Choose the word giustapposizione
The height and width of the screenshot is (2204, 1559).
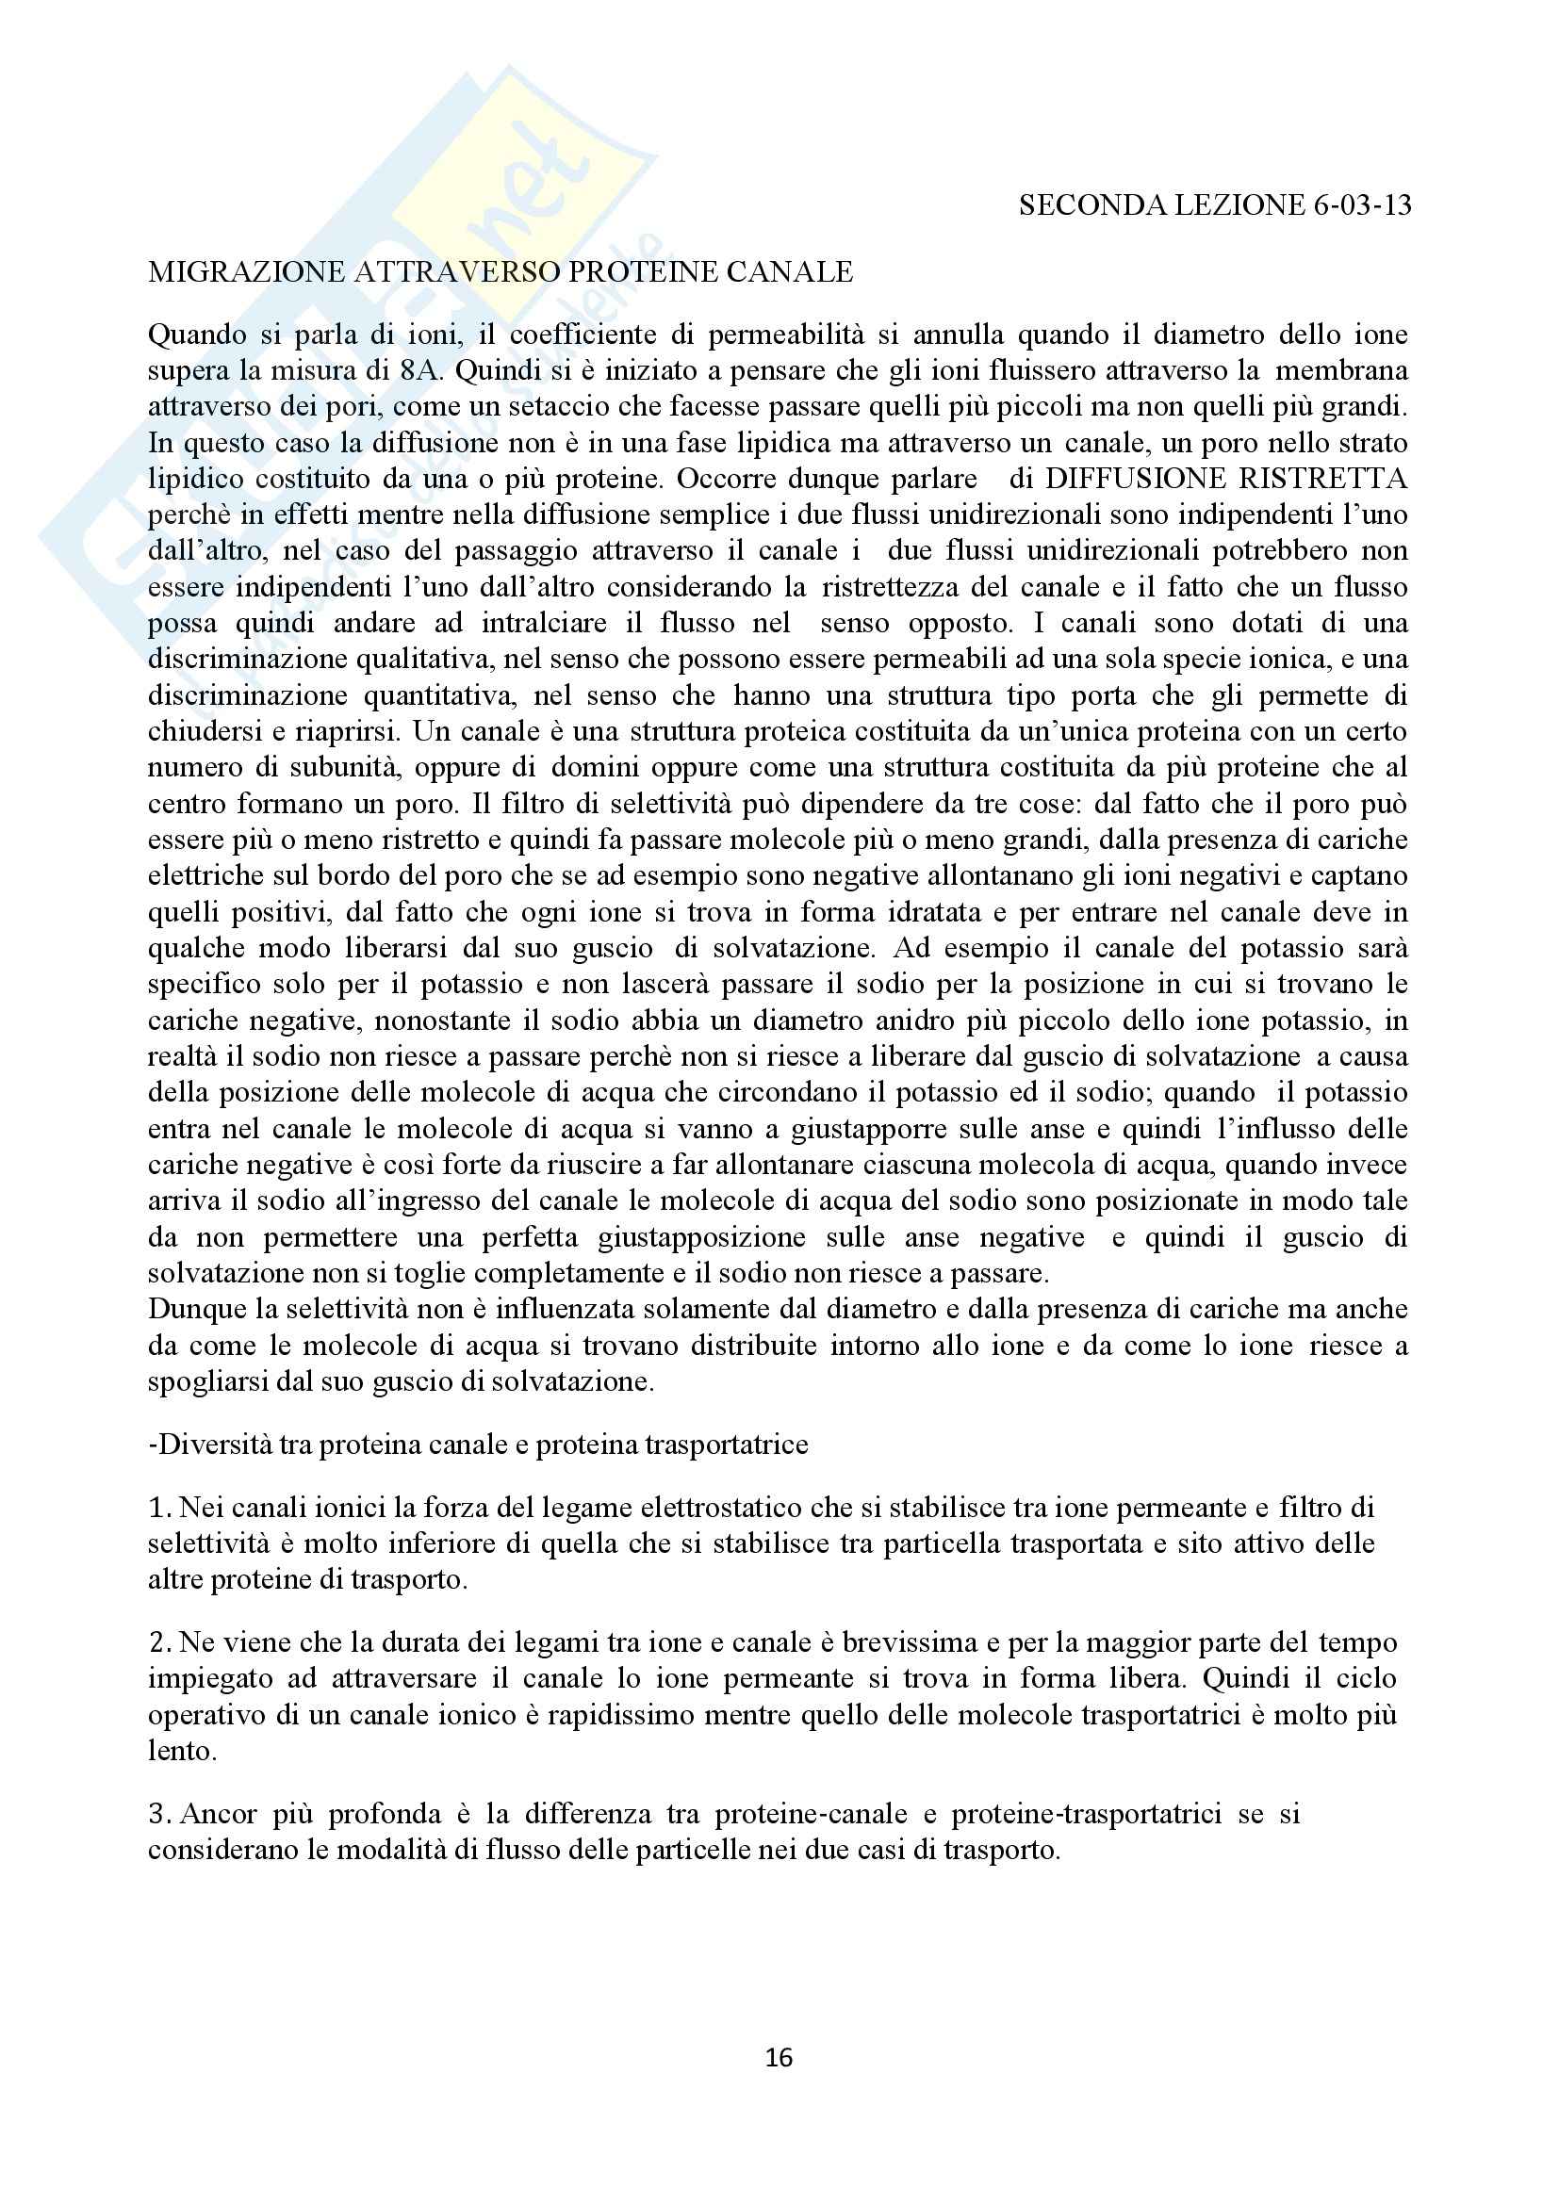click(x=700, y=1237)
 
